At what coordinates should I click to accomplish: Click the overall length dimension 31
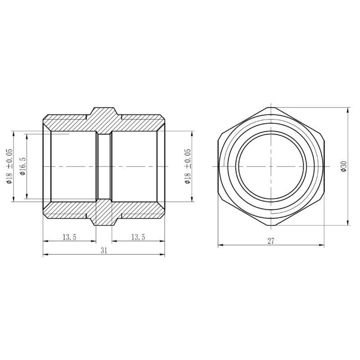(104, 251)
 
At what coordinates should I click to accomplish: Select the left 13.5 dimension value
(69, 237)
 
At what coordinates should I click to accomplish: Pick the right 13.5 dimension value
(138, 237)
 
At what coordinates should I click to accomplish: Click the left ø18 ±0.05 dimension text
(9, 166)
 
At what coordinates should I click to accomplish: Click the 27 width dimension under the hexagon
(271, 241)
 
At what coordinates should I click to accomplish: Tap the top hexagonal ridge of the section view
(104, 112)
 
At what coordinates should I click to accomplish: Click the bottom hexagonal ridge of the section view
(104, 220)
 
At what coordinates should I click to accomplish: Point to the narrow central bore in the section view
(104, 166)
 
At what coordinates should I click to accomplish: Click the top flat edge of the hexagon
(271, 108)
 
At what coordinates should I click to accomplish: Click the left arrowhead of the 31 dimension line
(45, 255)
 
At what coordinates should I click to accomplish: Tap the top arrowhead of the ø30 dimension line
(348, 109)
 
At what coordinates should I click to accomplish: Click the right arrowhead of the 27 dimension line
(323, 245)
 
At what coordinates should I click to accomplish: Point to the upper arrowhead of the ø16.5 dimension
(27, 135)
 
